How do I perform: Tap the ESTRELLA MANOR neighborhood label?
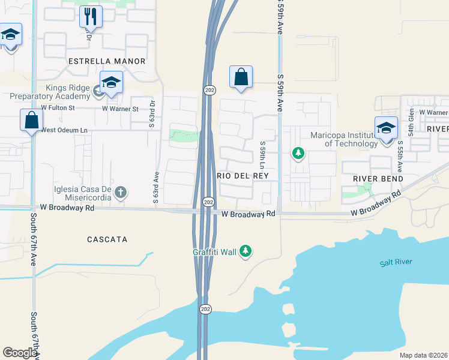tap(107, 61)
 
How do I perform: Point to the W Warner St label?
tap(120, 109)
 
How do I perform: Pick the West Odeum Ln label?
tap(64, 130)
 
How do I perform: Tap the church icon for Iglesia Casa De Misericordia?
tap(121, 193)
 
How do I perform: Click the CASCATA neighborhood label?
tap(106, 239)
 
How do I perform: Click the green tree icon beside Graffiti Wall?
tap(245, 251)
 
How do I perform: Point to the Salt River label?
tap(396, 262)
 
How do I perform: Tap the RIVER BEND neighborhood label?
tap(378, 179)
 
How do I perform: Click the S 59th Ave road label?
tap(280, 92)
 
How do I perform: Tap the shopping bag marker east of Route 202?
tap(241, 77)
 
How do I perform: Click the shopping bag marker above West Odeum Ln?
tap(31, 119)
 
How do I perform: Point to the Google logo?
tap(19, 353)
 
